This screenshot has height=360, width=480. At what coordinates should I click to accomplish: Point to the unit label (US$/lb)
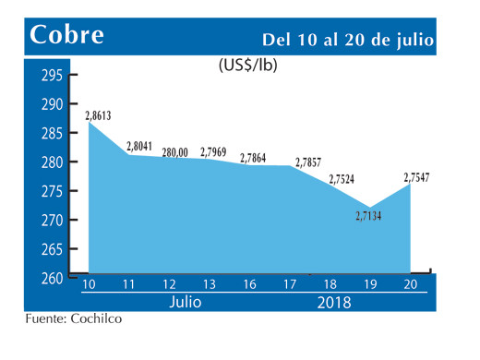tap(248, 66)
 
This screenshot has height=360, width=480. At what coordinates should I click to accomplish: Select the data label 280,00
tap(175, 152)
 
